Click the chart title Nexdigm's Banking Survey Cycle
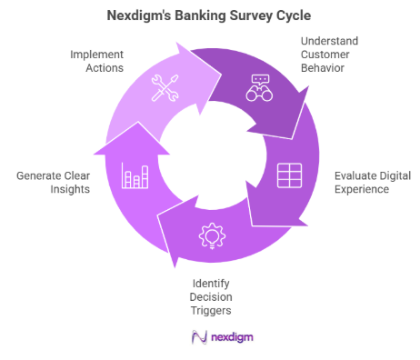[209, 15]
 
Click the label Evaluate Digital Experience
[361, 182]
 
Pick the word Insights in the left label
[52, 189]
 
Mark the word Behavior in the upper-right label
[325, 69]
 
